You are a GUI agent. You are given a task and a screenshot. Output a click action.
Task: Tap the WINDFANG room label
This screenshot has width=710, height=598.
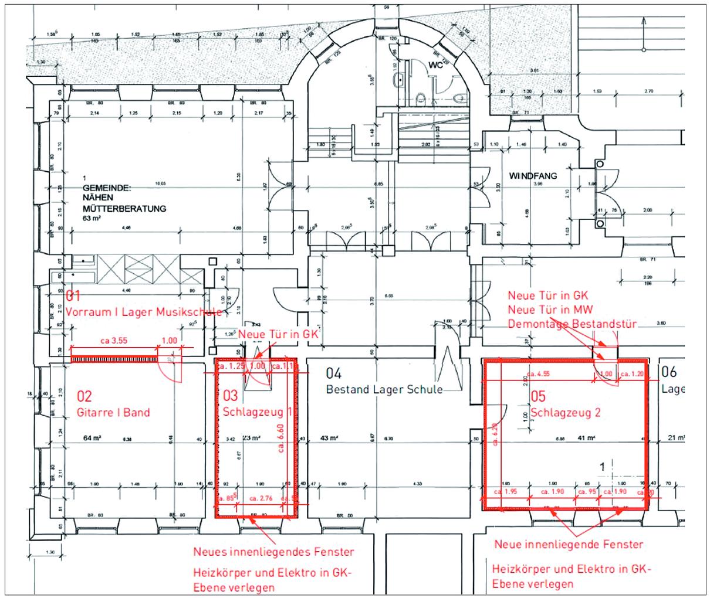click(532, 175)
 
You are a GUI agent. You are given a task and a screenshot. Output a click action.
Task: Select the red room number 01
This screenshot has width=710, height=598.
click(72, 295)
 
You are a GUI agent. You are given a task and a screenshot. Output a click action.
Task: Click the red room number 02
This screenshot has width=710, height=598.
click(84, 397)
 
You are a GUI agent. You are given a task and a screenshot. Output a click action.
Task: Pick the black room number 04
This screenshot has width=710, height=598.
click(334, 373)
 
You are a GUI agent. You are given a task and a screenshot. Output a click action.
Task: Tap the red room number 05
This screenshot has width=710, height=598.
click(538, 397)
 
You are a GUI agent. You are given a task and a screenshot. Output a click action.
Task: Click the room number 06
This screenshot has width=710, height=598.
click(669, 371)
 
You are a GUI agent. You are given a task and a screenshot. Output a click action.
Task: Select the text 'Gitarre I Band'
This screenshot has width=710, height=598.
click(113, 412)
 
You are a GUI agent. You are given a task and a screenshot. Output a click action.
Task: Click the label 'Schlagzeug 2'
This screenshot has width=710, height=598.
click(566, 413)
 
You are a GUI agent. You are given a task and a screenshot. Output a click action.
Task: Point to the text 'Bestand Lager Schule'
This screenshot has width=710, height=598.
click(384, 389)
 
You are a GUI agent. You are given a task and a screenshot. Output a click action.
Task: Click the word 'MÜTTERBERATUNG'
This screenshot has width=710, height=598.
click(124, 208)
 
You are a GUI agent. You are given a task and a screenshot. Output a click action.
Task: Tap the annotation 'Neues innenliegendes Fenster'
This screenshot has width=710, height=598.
click(274, 552)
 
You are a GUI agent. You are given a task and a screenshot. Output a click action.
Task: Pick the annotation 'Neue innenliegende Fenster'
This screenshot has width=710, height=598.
click(569, 545)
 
